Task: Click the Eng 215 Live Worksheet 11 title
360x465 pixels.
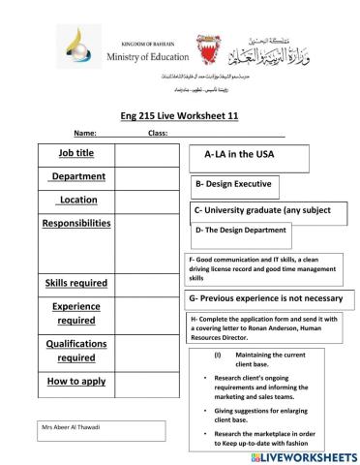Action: (x=181, y=114)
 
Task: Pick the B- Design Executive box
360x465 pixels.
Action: (x=232, y=183)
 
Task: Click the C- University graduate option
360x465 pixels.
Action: (x=263, y=208)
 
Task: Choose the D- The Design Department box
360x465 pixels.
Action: (x=241, y=231)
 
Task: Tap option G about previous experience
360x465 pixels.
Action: (x=265, y=298)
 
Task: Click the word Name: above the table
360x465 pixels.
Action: (x=84, y=133)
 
